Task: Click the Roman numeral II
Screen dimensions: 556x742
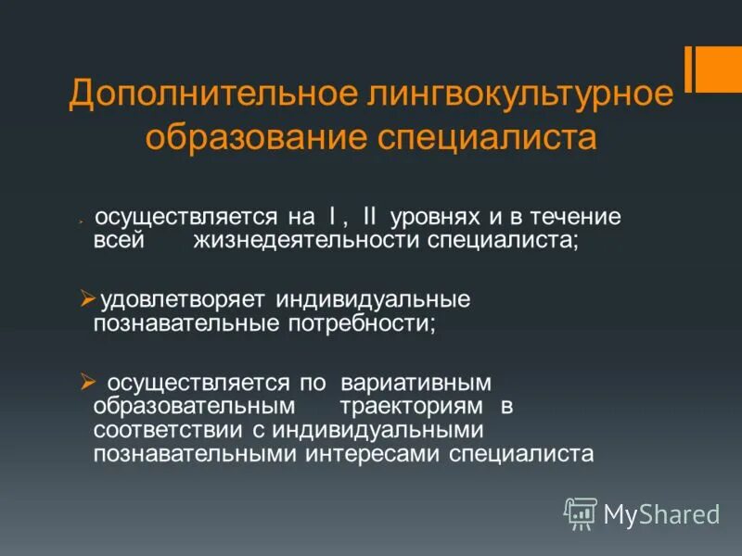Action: pos(371,217)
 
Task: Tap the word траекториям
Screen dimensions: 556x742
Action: pos(412,407)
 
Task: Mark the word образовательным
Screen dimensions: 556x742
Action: pos(194,407)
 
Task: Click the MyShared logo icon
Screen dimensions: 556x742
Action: pos(581,512)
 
